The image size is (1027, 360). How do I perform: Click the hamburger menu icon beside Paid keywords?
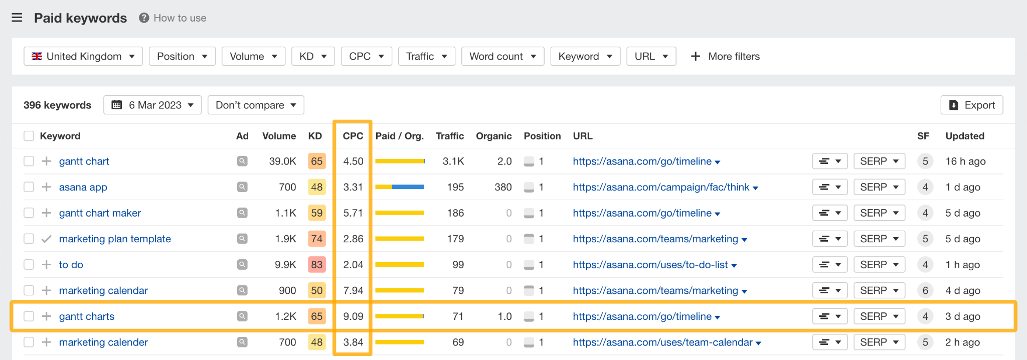coord(17,18)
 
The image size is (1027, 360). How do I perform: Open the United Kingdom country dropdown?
coord(83,56)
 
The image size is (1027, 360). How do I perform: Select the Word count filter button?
coord(502,56)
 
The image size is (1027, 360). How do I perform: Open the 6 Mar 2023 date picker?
coord(152,105)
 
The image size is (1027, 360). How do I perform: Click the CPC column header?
coord(353,136)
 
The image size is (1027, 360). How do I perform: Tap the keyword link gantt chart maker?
coord(100,213)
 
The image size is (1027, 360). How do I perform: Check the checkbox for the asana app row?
coord(29,187)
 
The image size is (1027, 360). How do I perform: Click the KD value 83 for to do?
coord(316,265)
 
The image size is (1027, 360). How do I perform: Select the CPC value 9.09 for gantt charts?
coord(353,316)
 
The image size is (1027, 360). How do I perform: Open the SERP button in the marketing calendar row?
coord(879,290)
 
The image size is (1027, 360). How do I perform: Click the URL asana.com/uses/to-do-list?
coord(650,265)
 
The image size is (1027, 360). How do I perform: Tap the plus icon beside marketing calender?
coord(47,342)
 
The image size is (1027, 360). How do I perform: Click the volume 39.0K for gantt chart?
coord(282,161)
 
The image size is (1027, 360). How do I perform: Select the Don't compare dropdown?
coord(256,105)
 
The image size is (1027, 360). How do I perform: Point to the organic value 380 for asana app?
coord(503,187)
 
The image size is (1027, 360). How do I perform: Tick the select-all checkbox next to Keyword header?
coord(29,136)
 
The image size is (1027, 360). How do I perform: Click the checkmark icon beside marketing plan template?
coord(47,239)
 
